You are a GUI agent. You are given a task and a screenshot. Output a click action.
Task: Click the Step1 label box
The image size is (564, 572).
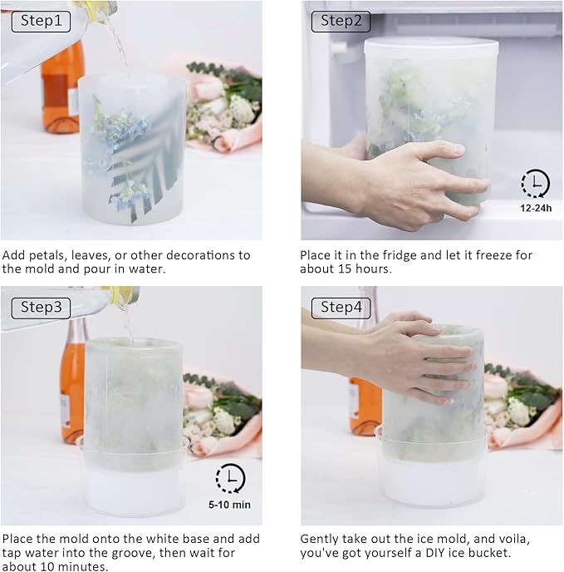pos(41,22)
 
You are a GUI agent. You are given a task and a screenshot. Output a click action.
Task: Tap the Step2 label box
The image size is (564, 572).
pos(341,22)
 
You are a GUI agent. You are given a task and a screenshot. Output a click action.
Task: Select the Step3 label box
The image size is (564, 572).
pos(41,308)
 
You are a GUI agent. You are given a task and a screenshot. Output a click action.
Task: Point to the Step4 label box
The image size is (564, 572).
pos(341,308)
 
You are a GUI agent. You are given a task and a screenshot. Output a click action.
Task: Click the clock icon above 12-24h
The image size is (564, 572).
pos(535,183)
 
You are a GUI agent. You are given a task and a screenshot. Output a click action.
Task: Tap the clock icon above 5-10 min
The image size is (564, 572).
pos(230,478)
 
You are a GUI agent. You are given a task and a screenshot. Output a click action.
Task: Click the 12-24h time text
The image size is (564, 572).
pos(536,209)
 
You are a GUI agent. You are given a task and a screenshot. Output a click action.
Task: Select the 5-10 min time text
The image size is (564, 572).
pos(230,505)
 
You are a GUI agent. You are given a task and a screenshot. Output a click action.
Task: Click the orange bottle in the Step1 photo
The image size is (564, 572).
pos(60,87)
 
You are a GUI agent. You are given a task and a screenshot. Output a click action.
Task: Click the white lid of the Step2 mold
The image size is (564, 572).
pos(431,46)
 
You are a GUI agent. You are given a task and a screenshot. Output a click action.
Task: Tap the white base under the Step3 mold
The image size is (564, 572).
pos(134,481)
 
